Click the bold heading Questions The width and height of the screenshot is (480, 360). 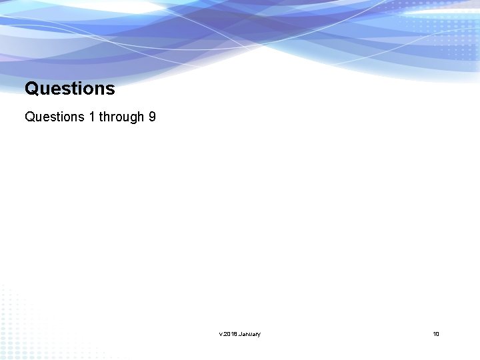pyautogui.click(x=69, y=88)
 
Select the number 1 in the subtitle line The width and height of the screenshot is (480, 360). pyautogui.click(x=91, y=117)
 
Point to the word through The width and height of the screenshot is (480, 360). pyautogui.click(x=117, y=117)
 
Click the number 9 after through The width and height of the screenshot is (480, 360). pyautogui.click(x=152, y=117)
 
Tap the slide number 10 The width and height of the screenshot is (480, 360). pyautogui.click(x=436, y=333)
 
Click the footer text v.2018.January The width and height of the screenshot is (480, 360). pyautogui.click(x=239, y=333)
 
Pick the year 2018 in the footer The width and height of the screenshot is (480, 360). pyautogui.click(x=230, y=333)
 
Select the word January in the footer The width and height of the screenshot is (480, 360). pyautogui.click(x=250, y=333)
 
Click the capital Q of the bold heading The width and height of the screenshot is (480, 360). pyautogui.click(x=31, y=88)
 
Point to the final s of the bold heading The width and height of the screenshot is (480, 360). pyautogui.click(x=111, y=89)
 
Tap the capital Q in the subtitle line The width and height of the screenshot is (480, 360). pyautogui.click(x=30, y=117)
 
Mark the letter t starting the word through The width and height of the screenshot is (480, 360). pyautogui.click(x=101, y=117)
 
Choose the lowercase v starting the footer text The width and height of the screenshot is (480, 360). pyautogui.click(x=220, y=333)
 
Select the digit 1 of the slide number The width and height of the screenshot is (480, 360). pyautogui.click(x=434, y=333)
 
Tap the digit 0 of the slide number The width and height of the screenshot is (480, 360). pyautogui.click(x=437, y=333)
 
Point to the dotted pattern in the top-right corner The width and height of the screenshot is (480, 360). pyautogui.click(x=453, y=30)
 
